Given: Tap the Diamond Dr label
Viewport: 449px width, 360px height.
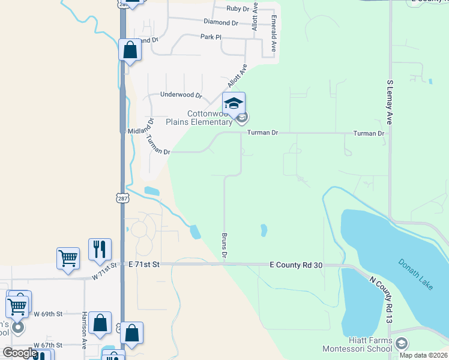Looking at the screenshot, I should click(x=221, y=22).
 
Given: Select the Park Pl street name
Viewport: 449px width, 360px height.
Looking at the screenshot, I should click(x=211, y=37).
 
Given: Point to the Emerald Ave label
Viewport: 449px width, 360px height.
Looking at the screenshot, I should click(x=273, y=37).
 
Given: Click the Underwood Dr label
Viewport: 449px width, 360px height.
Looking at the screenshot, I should click(x=181, y=95).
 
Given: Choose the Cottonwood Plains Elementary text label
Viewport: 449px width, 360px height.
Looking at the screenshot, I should click(x=209, y=118).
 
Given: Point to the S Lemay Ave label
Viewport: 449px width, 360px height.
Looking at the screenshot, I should click(x=390, y=103).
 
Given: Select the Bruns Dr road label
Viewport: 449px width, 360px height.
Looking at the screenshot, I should click(x=224, y=246).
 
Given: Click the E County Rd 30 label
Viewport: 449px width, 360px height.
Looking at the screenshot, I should click(x=297, y=265).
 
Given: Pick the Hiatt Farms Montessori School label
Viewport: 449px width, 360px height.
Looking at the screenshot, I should click(x=357, y=344).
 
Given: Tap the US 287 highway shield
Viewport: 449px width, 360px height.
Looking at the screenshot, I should click(x=122, y=197).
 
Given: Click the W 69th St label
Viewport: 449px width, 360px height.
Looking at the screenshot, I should click(x=48, y=314).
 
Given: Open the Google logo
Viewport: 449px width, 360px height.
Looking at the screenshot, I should click(x=20, y=353).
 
